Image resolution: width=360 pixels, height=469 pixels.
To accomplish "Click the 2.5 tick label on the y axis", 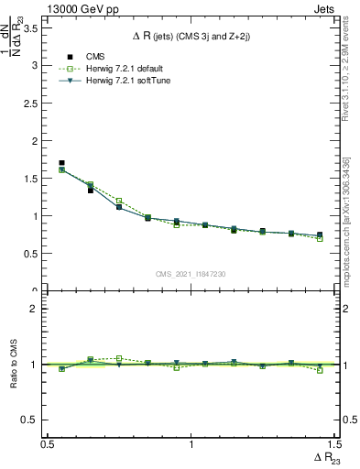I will (x=34, y=104).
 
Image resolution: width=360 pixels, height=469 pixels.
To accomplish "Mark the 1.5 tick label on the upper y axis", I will (x=34, y=179).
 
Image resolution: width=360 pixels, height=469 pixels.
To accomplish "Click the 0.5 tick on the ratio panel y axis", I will (x=34, y=420).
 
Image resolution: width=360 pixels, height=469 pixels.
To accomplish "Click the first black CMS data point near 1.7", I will (x=61, y=163).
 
